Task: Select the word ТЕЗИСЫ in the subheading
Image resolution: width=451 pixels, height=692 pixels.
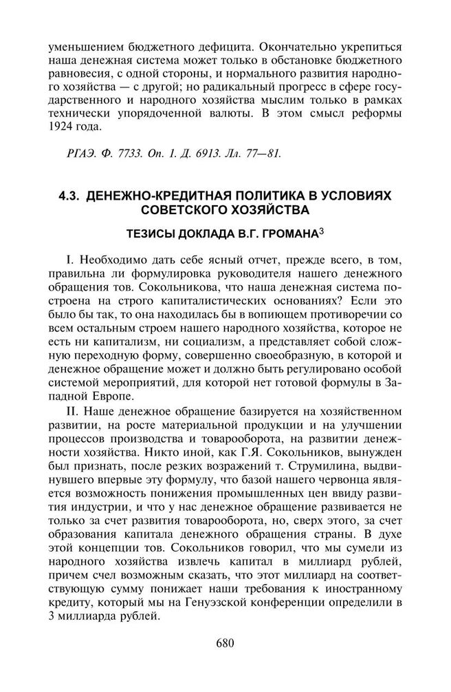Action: coord(151,233)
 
